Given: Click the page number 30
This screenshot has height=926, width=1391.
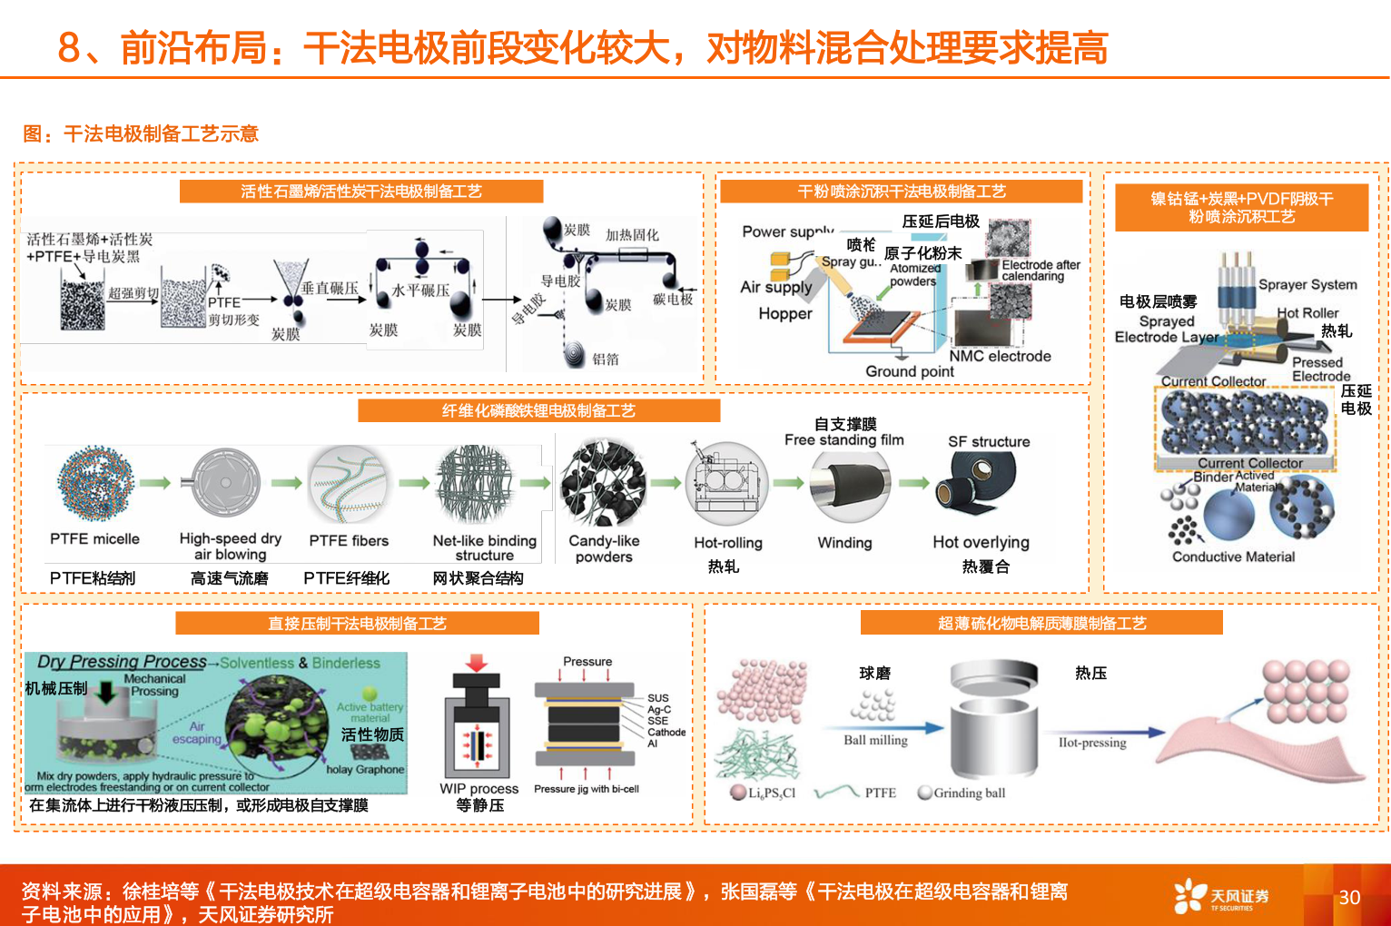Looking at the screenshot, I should click(1349, 897).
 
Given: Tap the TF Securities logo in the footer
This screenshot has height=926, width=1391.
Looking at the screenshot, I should click(1221, 896).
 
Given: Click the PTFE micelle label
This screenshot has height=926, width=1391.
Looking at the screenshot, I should click(94, 538).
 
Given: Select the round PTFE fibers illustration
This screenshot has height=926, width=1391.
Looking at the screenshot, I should click(348, 484).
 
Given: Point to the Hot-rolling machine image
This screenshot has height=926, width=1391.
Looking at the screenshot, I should click(726, 484).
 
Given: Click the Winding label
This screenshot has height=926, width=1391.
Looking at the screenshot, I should click(844, 542).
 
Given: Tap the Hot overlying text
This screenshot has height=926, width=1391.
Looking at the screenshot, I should click(981, 542).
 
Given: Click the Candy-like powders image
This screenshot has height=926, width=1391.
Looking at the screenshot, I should click(603, 483).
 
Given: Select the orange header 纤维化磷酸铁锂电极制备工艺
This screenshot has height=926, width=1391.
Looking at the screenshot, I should click(538, 411).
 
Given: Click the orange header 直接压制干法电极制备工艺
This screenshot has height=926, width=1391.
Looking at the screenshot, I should click(357, 624).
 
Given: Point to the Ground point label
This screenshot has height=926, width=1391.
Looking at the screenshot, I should click(909, 371).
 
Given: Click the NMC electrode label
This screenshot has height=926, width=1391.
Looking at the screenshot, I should click(1000, 356).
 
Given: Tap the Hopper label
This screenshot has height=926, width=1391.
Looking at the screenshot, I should click(785, 313).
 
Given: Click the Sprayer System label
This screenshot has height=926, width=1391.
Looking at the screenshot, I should click(1307, 284).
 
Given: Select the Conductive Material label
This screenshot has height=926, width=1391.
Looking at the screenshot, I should click(1233, 557).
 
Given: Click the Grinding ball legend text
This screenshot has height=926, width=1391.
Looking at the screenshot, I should click(969, 793).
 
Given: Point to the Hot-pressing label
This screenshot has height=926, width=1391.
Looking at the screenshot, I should click(1092, 743).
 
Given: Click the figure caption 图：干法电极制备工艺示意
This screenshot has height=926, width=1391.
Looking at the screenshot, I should click(141, 134).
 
